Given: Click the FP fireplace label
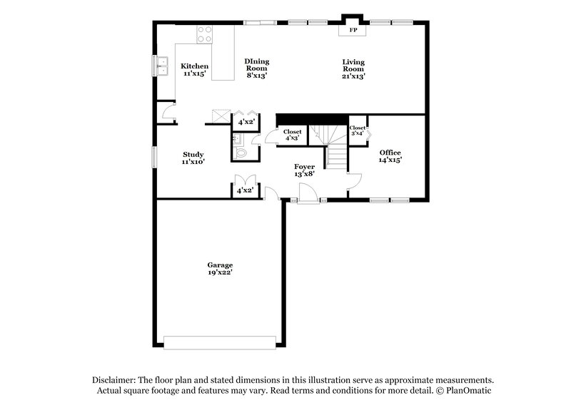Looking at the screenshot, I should coord(353,31).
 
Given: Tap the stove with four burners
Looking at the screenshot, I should coord(205,34).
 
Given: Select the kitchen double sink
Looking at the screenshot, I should coord(163,66).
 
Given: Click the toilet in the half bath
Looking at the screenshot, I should coord(241,152).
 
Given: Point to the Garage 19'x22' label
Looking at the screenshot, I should coord(220,268).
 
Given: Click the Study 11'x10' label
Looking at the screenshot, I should coord(193,158).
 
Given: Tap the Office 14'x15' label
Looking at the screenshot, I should coord(390,156).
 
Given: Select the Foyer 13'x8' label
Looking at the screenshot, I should coord(305,170).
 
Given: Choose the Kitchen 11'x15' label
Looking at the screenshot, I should coord(194,69).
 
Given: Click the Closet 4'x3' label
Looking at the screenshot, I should coord(292,134).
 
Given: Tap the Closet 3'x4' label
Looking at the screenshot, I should coord(358,130).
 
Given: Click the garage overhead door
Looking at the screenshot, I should coord(219,343).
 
